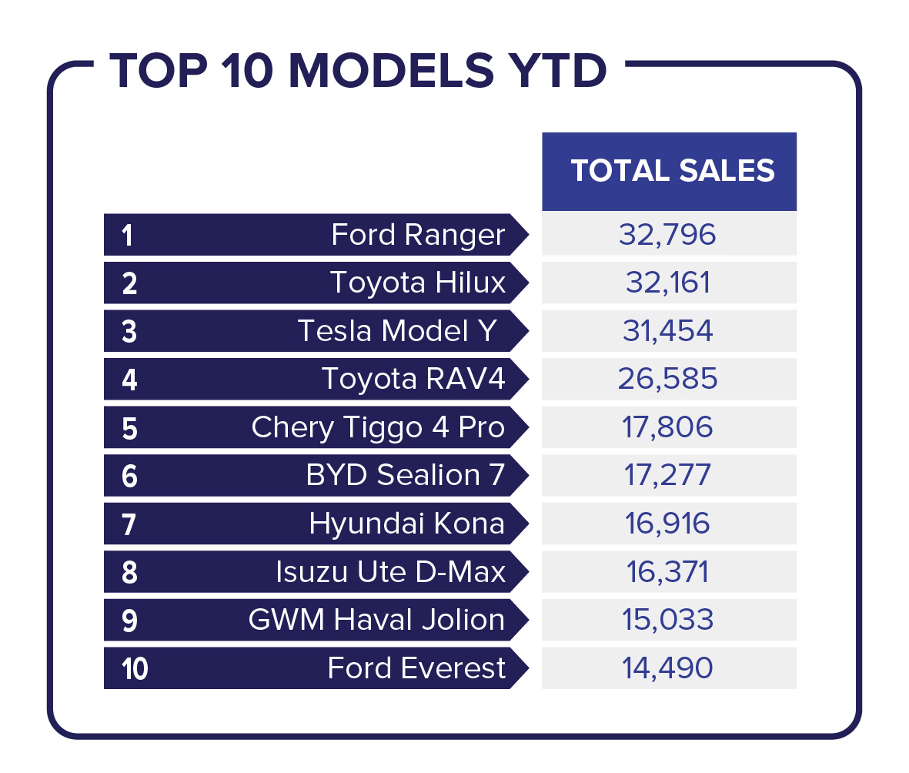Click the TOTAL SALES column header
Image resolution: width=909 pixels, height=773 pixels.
pos(673,170)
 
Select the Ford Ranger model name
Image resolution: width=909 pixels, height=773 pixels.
pos(418,236)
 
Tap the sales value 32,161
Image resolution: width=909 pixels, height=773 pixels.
pos(668,283)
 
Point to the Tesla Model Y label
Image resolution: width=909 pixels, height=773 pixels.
pos(397,330)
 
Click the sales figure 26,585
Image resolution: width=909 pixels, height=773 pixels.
pos(668,379)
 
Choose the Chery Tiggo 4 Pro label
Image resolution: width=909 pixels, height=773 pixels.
pos(378,428)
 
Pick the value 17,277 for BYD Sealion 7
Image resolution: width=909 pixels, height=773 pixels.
pos(668,475)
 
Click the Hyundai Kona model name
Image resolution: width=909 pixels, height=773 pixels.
pos(407,523)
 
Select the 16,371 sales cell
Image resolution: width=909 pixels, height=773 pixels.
pos(668,572)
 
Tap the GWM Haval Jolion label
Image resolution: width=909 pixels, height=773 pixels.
pos(377,619)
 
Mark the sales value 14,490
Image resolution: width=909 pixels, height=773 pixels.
pos(668,668)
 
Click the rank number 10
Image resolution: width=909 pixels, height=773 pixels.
pos(135,669)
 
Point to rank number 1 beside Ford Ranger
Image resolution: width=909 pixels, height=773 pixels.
pos(128,236)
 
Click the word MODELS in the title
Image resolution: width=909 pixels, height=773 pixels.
pos(391,71)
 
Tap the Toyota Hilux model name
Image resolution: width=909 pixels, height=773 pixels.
pos(418,283)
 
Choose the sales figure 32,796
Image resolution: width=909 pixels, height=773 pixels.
pos(668,235)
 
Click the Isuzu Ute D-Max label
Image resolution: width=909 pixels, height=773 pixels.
pos(391,572)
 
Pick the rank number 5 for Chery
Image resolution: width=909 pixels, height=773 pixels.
pos(129,429)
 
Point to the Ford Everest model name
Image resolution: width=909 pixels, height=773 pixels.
pos(417,668)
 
